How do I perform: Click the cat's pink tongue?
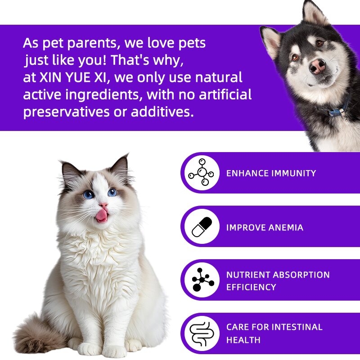(102, 216)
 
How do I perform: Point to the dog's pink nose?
(318, 66)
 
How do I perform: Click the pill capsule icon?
(202, 227)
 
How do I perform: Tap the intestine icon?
(202, 333)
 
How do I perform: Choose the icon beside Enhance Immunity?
(202, 173)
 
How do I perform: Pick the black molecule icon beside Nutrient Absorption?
(202, 280)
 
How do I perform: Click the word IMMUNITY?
(293, 173)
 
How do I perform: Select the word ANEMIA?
(286, 228)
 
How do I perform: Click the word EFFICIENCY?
(251, 287)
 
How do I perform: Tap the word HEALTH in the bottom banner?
(243, 340)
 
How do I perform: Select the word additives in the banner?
(162, 112)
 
